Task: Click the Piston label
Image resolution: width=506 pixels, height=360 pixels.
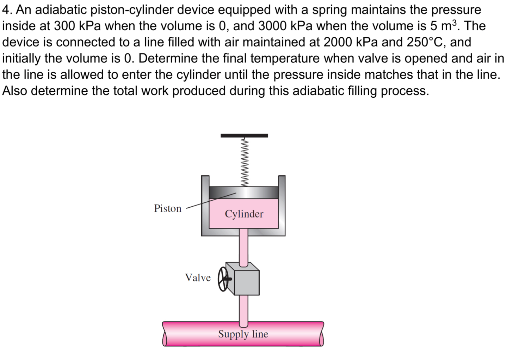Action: pos(167,208)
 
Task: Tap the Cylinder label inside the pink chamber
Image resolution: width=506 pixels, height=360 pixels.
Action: pos(244,214)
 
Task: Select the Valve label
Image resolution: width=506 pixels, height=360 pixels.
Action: pos(198,277)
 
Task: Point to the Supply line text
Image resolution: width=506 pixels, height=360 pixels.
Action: pos(243,334)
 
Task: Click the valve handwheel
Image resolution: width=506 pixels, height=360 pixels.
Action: pos(223,279)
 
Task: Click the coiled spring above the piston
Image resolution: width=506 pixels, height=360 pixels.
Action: pos(244,162)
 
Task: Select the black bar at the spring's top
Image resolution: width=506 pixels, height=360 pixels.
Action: pos(244,135)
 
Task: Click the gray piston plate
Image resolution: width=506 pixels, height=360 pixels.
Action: pos(244,193)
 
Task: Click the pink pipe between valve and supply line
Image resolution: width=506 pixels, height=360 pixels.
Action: pos(244,309)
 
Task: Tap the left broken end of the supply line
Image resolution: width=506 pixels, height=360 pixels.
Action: pos(165,334)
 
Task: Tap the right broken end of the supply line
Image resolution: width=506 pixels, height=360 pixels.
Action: pos(321,334)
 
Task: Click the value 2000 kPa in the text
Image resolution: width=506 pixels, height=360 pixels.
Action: pos(351,42)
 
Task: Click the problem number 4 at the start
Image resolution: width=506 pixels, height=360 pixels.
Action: pos(6,10)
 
